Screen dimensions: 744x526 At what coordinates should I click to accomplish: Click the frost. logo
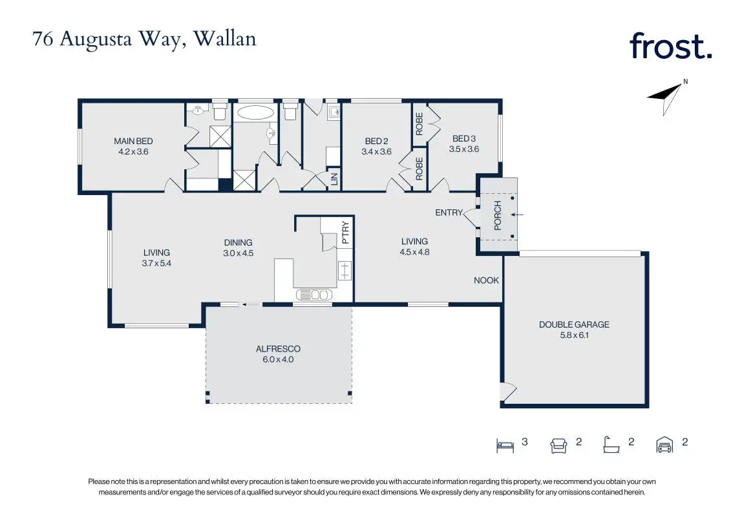point(670,46)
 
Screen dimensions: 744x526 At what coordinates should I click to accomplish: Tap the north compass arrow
point(666,97)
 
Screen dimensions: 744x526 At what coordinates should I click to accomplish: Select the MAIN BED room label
point(133,141)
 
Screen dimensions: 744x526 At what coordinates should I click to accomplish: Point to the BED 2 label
point(376,141)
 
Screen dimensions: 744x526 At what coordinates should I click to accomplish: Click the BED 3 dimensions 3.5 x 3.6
point(464,149)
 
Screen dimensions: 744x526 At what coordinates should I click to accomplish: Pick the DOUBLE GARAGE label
point(574,324)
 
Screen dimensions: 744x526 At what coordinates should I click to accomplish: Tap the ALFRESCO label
point(278,348)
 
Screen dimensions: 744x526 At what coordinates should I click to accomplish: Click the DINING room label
point(238,242)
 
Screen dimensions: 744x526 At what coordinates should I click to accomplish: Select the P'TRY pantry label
point(345,233)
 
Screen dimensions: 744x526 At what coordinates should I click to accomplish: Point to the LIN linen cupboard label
point(334,179)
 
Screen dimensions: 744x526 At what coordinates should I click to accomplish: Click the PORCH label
point(498,215)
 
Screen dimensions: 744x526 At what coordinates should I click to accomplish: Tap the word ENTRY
point(449,213)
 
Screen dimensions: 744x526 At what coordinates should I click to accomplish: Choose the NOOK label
point(486,280)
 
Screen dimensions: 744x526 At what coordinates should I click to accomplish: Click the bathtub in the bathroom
point(255,112)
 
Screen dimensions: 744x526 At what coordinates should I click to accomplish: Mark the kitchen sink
point(314,295)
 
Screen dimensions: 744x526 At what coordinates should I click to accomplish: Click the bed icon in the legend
point(505,446)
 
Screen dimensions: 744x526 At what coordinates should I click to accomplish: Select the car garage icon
point(664,445)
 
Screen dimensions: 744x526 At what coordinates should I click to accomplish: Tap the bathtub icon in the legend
point(611,445)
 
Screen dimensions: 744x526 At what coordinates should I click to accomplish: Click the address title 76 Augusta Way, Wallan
point(144,39)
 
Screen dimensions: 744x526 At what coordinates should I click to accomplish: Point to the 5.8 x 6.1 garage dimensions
point(574,335)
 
